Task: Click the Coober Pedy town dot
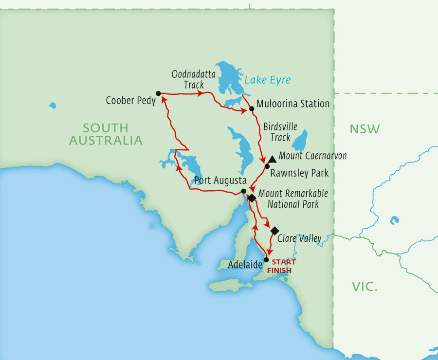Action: click(x=158, y=93)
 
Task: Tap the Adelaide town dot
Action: click(x=266, y=259)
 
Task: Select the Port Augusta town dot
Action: click(x=243, y=191)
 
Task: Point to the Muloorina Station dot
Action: click(x=252, y=108)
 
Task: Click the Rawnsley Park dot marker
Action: click(x=267, y=166)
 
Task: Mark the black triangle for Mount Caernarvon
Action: click(x=273, y=159)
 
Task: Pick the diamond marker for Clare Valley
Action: click(x=274, y=231)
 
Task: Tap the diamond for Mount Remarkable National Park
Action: click(x=252, y=198)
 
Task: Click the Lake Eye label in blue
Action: click(x=268, y=80)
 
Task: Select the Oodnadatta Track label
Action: click(x=187, y=80)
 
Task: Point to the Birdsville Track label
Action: click(x=280, y=132)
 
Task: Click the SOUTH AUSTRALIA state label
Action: click(x=106, y=134)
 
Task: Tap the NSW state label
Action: click(x=365, y=129)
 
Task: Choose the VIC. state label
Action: click(x=365, y=287)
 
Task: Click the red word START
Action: click(x=284, y=262)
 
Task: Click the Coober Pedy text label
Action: click(x=130, y=101)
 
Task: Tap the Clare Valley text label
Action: click(x=299, y=238)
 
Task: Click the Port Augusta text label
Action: click(x=217, y=180)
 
